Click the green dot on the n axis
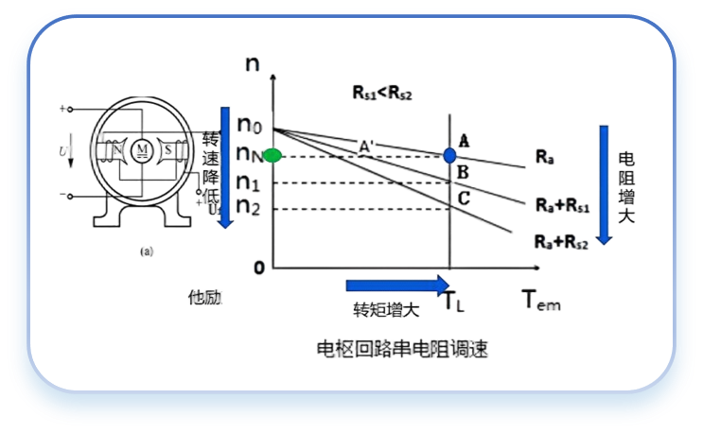click(272, 154)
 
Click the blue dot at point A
click(449, 154)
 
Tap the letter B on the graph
click(464, 172)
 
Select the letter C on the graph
click(464, 198)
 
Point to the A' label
click(366, 146)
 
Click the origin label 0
click(257, 268)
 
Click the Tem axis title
click(541, 302)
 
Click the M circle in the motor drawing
click(143, 149)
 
